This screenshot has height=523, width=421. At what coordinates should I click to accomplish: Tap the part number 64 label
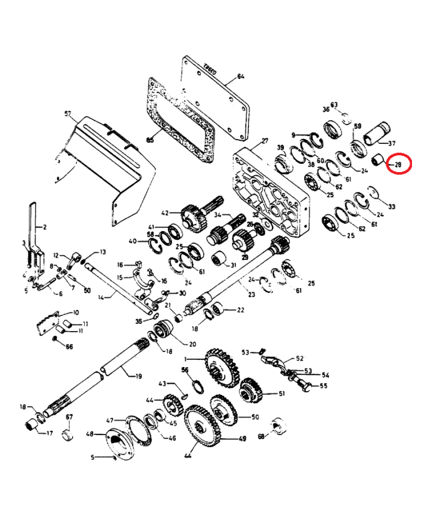pyautogui.click(x=241, y=76)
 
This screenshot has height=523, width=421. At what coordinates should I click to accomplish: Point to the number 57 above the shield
pyautogui.click(x=67, y=113)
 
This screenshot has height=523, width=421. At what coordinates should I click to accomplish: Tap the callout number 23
pyautogui.click(x=251, y=295)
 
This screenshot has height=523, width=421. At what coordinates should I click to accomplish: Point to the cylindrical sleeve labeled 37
pyautogui.click(x=377, y=132)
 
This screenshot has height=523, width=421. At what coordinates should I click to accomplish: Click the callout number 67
pyautogui.click(x=69, y=417)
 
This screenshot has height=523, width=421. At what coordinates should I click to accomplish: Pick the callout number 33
pyautogui.click(x=392, y=207)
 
